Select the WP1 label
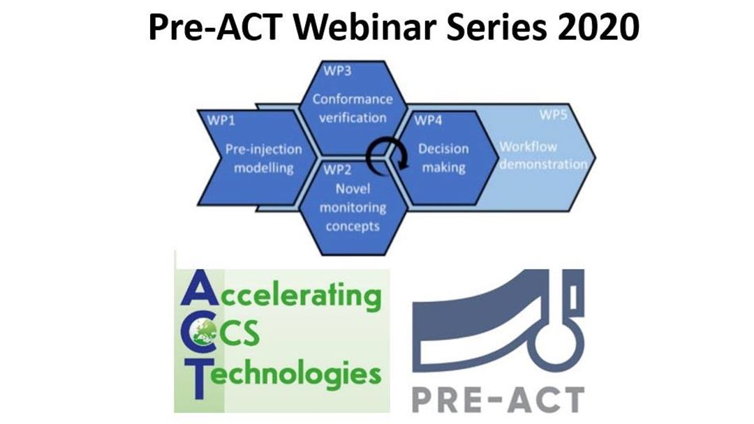(x=221, y=120)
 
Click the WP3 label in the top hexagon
(x=337, y=70)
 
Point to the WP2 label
(x=337, y=169)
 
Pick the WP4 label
(x=427, y=120)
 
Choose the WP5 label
(x=553, y=115)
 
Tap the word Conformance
(x=353, y=100)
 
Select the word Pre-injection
(x=263, y=149)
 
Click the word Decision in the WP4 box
(x=443, y=149)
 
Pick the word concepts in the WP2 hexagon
(x=353, y=227)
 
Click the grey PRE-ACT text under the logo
(x=498, y=400)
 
